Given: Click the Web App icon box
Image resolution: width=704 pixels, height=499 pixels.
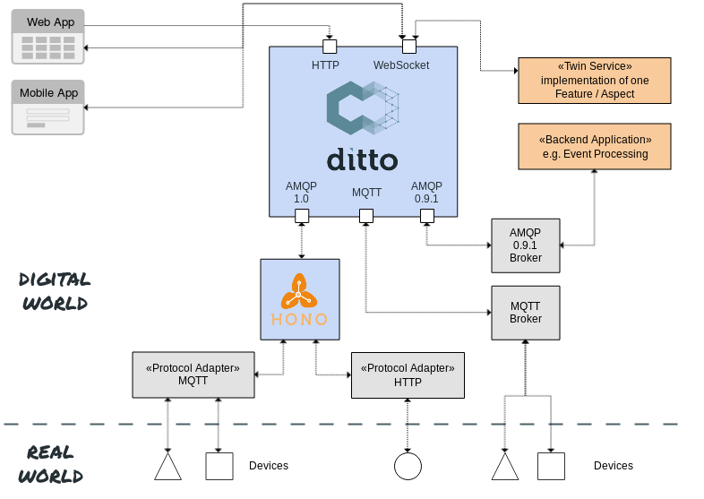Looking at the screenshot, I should pos(48,37).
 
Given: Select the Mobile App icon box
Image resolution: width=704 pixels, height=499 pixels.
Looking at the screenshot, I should pos(48,108).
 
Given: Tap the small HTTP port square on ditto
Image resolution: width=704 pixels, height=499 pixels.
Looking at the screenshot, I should pos(330,46).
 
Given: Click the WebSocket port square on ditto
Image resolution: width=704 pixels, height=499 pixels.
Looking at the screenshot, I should pos(408,46).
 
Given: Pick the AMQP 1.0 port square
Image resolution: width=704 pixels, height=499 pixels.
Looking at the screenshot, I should pos(302,216).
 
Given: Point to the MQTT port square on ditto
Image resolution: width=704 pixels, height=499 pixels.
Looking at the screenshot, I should pos(365,216).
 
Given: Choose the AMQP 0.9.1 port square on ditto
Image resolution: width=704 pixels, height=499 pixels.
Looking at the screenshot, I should pos(427,216).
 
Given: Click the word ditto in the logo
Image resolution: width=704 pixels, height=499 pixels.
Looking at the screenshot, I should pos(362,160).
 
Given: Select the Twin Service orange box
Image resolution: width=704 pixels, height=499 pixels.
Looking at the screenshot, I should pos(594,81).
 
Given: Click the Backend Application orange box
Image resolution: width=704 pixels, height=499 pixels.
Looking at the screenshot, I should pos(595,147).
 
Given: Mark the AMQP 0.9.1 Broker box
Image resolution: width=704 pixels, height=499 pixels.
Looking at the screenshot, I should pos(526,245).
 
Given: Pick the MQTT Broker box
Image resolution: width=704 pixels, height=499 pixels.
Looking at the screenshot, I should pos(526,313).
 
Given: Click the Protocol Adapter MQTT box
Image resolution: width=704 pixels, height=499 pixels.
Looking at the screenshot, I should pos(193,374).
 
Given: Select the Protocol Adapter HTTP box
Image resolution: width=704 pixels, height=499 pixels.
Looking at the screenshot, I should pos(408,374).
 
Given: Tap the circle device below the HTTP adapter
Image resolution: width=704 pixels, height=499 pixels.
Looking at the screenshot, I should pos(408,466).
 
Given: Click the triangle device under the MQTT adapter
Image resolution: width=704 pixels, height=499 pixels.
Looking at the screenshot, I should pos(167,468).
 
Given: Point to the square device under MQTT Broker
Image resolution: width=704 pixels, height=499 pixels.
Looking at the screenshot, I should pos(551,466).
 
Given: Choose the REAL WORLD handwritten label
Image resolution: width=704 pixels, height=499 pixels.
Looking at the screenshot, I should pos(51,464).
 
